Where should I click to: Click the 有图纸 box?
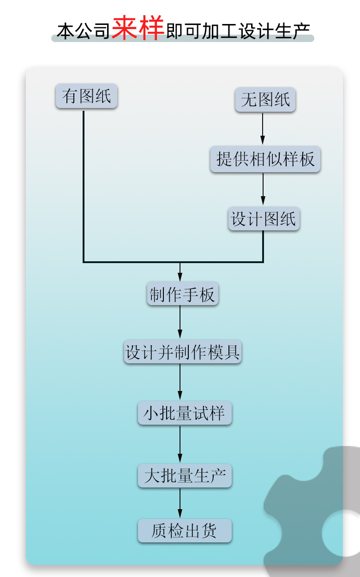pyautogui.click(x=87, y=96)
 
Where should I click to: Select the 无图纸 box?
pyautogui.click(x=265, y=100)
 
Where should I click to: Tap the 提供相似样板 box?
pyautogui.click(x=265, y=160)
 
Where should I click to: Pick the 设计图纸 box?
pyautogui.click(x=264, y=219)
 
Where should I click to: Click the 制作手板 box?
pyautogui.click(x=182, y=294)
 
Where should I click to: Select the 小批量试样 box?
pyautogui.click(x=184, y=413)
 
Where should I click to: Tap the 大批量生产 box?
pyautogui.click(x=184, y=476)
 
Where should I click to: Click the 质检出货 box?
pyautogui.click(x=184, y=531)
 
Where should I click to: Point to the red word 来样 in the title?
pyautogui.click(x=138, y=29)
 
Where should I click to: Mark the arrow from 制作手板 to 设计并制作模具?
pyautogui.click(x=180, y=323)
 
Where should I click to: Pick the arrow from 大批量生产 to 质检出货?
pyautogui.click(x=180, y=503)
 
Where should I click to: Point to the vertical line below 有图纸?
pyautogui.click(x=84, y=185)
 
